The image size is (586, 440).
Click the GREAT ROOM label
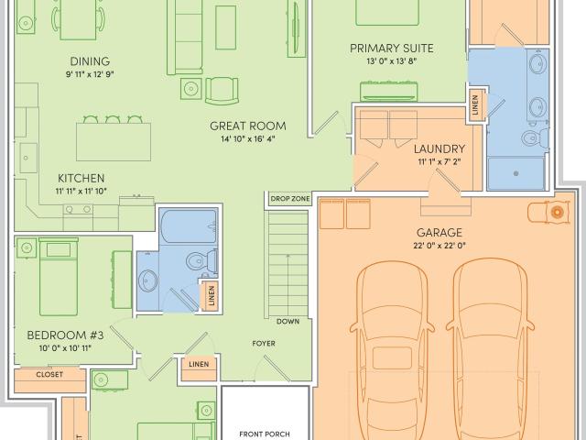coord(248,126)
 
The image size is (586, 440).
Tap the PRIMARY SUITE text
coord(391,49)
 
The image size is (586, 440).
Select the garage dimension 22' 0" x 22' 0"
coord(439,246)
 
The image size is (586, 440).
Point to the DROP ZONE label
coord(290,199)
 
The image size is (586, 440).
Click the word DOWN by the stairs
coord(288,322)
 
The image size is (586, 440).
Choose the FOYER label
coord(264,344)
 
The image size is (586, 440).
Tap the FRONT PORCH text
coord(265,434)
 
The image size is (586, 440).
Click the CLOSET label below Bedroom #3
coord(49,375)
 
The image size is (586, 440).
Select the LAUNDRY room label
coord(439,148)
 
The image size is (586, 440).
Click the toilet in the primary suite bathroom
coord(535,137)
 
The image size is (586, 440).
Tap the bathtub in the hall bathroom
coord(189,226)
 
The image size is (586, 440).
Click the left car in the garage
coord(393,350)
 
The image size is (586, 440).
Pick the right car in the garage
coord(490,350)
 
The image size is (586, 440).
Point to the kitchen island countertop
coord(114,142)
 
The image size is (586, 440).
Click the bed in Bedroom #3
coord(59,277)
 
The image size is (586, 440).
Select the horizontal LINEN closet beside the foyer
coord(199,368)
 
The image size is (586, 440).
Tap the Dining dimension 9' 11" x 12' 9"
coord(90,74)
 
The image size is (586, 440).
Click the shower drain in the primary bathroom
coord(516,173)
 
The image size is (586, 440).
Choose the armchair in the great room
coord(222,91)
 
